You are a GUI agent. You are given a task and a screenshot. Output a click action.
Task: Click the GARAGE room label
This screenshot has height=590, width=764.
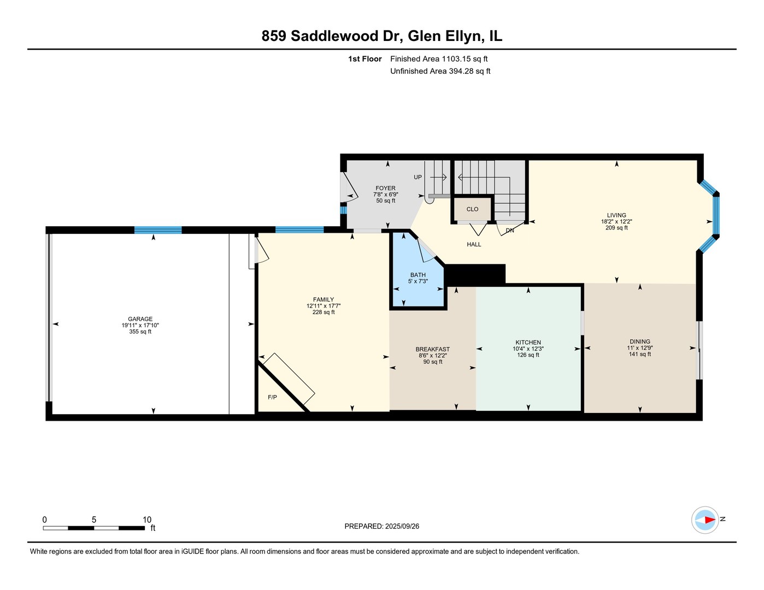140,319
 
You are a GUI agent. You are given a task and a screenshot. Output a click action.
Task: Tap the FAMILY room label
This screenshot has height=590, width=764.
323,299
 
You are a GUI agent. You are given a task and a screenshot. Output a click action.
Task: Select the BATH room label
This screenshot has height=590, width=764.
418,275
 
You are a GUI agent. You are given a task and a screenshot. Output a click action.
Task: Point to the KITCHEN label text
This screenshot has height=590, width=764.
527,343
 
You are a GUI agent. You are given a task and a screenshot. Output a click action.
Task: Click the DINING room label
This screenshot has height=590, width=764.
639,341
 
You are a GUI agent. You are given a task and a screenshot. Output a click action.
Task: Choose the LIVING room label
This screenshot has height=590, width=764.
616,215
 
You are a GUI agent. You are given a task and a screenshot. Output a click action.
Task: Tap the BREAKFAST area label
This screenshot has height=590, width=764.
432,349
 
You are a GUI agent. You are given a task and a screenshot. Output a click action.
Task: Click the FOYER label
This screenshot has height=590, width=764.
385,188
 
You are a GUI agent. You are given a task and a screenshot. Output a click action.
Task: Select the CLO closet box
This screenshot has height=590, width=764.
472,209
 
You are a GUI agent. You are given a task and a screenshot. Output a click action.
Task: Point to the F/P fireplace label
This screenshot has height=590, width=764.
272,397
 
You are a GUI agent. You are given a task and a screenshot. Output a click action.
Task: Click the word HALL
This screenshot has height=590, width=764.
474,244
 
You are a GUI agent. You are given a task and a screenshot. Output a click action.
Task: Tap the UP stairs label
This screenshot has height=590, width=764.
418,177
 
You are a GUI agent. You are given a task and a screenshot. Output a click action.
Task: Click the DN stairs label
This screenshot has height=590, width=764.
509,231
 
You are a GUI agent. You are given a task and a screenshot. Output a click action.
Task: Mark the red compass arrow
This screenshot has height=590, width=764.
708,520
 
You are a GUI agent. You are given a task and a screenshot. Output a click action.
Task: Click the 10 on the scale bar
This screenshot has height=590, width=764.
146,520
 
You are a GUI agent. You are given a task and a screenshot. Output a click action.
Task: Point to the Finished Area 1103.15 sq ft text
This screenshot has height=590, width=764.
439,59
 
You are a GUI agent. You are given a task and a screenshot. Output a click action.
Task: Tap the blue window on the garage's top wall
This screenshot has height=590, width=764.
158,230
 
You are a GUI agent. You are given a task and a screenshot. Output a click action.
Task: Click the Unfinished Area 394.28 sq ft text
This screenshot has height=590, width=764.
440,71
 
